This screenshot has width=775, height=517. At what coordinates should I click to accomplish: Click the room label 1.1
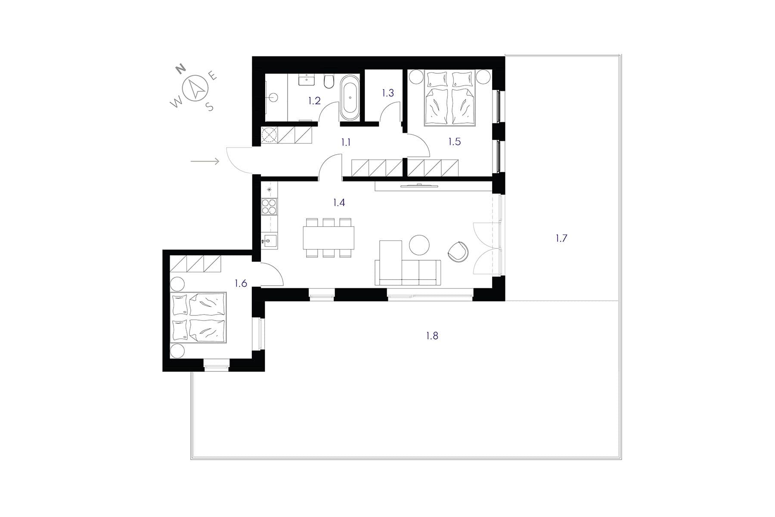346,143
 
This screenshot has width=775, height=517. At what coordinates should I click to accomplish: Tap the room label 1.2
314,101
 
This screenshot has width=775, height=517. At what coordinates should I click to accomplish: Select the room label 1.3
387,93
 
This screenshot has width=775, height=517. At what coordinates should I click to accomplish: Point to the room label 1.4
339,202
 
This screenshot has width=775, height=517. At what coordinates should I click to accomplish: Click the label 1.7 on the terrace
561,238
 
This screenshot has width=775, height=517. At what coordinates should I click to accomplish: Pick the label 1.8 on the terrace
432,336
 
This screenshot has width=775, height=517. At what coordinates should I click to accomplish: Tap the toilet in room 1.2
329,81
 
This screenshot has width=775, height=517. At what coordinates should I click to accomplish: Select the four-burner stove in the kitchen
270,207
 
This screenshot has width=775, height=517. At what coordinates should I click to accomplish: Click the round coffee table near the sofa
419,245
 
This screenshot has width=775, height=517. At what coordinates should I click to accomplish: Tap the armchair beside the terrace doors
458,252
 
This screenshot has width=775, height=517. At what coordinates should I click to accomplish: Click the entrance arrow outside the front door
205,161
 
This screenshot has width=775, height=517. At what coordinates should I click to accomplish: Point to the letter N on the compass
181,68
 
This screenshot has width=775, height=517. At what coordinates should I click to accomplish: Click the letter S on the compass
210,107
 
